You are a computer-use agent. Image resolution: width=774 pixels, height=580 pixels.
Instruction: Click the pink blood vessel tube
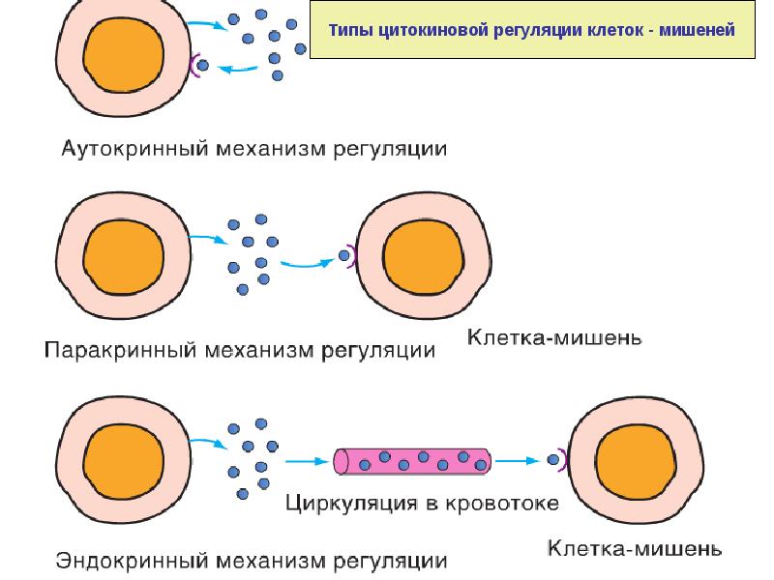412,461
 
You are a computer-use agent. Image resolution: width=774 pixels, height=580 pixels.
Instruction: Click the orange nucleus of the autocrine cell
124,54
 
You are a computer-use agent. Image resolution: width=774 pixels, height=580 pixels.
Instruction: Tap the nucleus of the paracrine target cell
423,256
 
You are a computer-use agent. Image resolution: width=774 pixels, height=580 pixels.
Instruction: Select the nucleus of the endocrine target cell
636,462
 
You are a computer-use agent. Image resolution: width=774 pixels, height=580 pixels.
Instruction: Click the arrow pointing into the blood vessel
307,462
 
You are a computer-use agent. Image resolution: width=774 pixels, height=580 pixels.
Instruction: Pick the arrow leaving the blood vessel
518,461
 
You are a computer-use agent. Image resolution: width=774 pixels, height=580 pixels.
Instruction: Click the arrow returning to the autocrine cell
237,70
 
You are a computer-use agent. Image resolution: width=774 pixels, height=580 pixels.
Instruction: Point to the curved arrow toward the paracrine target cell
307,264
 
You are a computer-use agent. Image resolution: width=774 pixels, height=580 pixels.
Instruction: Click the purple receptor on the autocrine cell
193,65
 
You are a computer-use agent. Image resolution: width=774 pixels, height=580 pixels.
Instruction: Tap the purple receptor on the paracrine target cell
352,256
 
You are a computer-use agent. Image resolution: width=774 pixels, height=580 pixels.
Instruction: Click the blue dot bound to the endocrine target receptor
553,460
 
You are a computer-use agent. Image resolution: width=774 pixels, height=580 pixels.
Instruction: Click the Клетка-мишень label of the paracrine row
554,337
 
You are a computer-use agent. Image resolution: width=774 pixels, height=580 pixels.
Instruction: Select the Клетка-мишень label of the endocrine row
635,548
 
